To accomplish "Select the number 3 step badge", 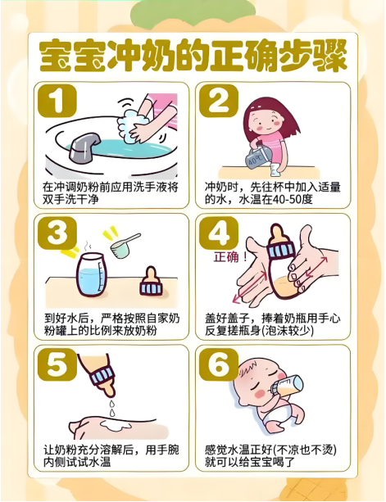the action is coord(57,233).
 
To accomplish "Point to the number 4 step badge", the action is coord(219,233).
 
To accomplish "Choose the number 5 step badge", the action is coord(57,364).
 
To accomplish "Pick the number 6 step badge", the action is coord(219,364).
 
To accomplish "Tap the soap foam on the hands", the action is coord(132,124).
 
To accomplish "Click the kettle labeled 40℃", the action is coord(257,159).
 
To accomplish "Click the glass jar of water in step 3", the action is coord(91,274).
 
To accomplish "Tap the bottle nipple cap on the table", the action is coord(151,281).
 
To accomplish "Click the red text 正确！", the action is coord(231,257).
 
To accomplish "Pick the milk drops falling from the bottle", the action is coord(111,407).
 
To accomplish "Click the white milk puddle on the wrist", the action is coord(116,424).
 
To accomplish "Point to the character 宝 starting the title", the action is coord(56,56).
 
